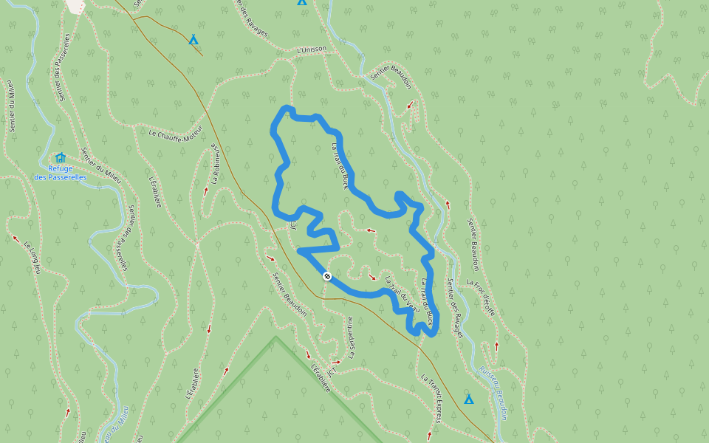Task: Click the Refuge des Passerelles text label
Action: click(x=61, y=173)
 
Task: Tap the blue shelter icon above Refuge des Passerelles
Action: click(x=61, y=157)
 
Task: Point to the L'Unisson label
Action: click(x=311, y=49)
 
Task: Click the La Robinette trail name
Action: click(x=216, y=163)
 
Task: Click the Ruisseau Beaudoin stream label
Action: click(x=493, y=393)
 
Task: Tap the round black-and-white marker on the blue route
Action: click(x=327, y=276)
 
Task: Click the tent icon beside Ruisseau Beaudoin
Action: click(x=468, y=399)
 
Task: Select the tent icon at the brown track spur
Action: click(x=193, y=39)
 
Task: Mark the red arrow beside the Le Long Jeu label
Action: click(x=16, y=238)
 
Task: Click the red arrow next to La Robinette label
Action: click(x=205, y=190)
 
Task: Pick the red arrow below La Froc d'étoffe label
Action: click(x=496, y=345)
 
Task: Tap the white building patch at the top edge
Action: click(x=75, y=5)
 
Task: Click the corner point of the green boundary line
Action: click(x=276, y=337)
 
